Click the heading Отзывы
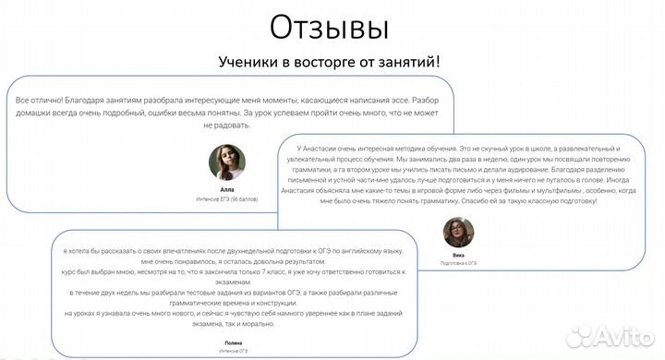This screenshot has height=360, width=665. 329,28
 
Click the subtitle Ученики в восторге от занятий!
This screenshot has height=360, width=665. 329,63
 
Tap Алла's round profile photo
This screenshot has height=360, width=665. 227,162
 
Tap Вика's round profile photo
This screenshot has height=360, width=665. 459,233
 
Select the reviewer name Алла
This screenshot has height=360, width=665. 227,189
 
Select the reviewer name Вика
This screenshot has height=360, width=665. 459,254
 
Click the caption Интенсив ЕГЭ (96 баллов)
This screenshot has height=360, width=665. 227,198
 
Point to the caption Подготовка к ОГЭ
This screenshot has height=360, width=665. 459,264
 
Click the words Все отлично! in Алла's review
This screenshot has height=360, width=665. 38,98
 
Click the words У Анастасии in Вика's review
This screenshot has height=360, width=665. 320,149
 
